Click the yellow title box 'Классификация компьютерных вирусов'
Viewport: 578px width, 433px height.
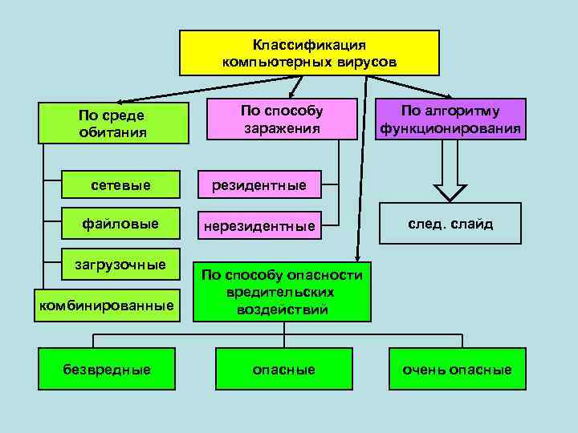(309, 53)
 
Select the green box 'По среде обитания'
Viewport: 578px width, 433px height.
(113, 123)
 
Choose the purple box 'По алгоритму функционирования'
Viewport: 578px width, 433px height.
(450, 119)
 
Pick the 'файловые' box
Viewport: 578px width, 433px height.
(120, 223)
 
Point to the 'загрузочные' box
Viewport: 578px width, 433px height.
(120, 264)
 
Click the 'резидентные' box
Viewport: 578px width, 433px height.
(258, 185)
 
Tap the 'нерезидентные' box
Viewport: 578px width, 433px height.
(258, 226)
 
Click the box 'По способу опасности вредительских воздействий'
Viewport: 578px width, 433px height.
(282, 292)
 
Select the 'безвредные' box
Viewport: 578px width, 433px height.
(107, 370)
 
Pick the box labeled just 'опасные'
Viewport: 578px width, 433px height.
(283, 370)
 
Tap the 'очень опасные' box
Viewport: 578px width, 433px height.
(458, 370)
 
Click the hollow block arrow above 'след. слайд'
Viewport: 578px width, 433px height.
(450, 176)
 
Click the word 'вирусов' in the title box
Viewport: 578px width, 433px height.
(367, 61)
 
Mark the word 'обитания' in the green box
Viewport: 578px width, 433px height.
(113, 132)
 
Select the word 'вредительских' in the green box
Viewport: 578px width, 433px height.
(282, 292)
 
